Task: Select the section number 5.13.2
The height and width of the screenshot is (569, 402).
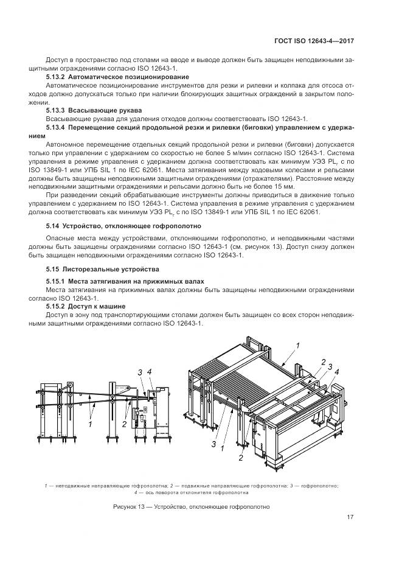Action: tap(55, 78)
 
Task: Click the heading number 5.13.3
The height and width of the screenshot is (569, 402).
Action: tap(55, 110)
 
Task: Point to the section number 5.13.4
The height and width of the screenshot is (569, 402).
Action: tap(55, 128)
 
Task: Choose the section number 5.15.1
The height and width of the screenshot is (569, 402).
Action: tap(55, 281)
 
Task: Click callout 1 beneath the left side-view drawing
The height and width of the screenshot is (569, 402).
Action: tap(91, 424)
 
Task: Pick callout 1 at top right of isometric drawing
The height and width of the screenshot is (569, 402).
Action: tap(298, 345)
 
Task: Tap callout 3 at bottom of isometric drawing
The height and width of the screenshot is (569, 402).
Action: tap(214, 445)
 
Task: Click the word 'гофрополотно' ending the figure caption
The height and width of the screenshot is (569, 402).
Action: tap(248, 506)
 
